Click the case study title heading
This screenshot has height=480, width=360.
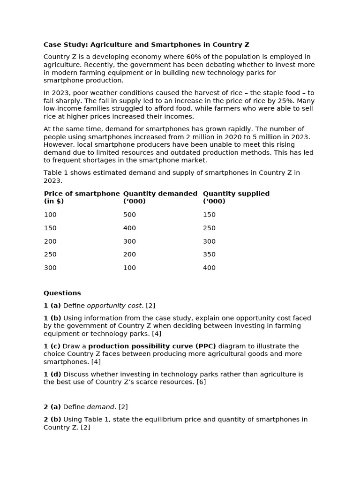[x=146, y=45]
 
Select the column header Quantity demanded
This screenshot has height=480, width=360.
[x=160, y=194]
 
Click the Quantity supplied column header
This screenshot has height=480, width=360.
[x=236, y=194]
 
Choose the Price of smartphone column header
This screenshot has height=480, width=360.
[x=82, y=194]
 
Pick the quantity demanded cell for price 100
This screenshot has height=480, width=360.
[x=129, y=215]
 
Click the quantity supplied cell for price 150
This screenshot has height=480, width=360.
[x=209, y=228]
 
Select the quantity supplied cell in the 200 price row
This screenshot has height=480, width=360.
[x=209, y=241]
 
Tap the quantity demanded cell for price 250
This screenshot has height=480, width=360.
[x=129, y=255]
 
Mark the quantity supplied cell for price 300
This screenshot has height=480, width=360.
[x=209, y=268]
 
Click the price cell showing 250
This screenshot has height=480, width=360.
[x=50, y=255]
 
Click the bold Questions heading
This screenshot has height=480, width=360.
[x=62, y=293]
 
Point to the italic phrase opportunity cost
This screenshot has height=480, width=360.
[x=114, y=306]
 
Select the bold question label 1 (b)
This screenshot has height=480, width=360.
[x=52, y=318]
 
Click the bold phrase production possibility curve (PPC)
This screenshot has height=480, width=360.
[x=152, y=346]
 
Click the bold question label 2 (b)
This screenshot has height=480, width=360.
[x=52, y=420]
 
